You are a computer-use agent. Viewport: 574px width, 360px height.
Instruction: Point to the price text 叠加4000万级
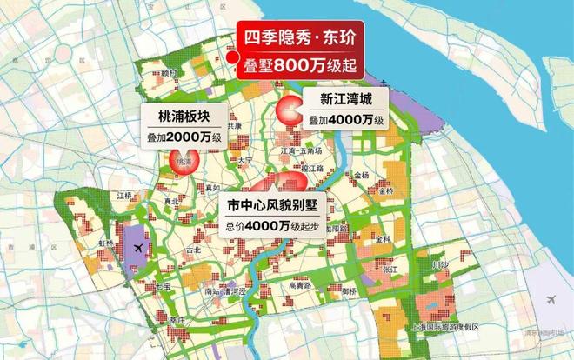pos(346,117)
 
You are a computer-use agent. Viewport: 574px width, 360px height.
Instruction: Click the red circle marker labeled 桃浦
pos(184,161)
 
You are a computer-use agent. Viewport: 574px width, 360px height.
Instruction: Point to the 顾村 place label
pos(169,73)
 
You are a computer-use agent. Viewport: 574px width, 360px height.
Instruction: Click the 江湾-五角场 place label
pos(301,150)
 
